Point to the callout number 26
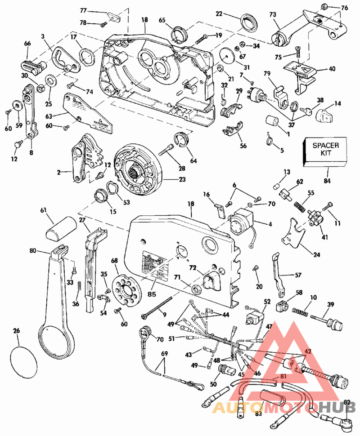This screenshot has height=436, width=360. (x=16, y=331)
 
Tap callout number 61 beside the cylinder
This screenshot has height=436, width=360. (x=44, y=210)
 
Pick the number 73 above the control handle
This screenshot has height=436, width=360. (x=273, y=15)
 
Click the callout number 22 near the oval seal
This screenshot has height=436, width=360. (x=219, y=14)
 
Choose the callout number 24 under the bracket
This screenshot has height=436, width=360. (x=317, y=255)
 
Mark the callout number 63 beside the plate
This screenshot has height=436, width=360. (x=49, y=116)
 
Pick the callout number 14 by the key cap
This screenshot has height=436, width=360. (x=337, y=103)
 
